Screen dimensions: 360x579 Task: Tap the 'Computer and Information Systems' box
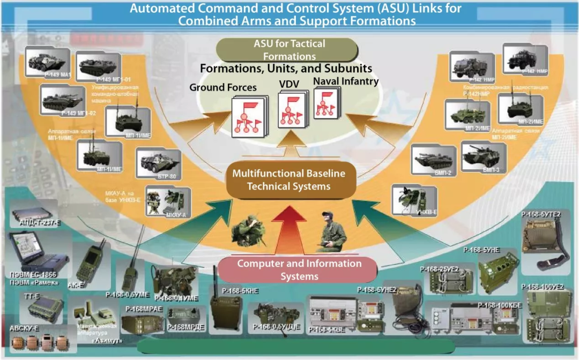(299, 269)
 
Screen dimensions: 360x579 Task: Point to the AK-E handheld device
(87, 262)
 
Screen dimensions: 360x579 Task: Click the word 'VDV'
(289, 85)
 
